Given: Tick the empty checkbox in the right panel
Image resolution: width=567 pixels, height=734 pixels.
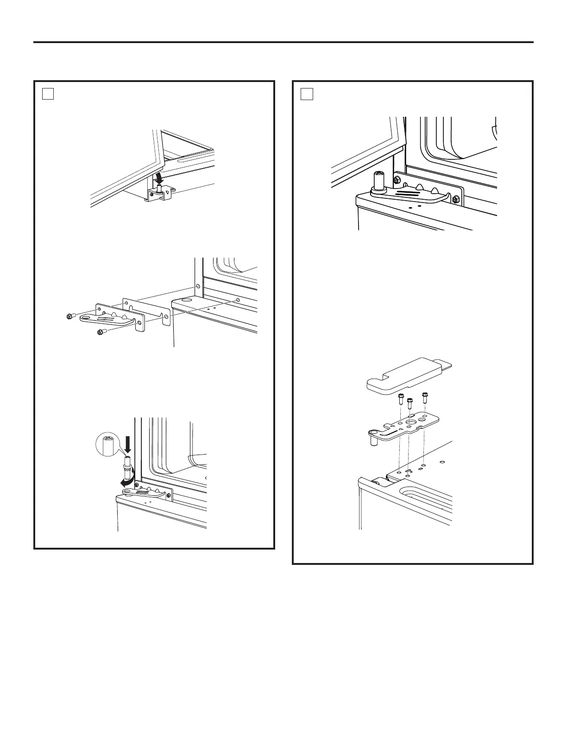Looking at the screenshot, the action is point(307,94).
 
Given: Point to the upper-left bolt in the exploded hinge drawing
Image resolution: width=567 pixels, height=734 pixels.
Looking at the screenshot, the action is point(71,316).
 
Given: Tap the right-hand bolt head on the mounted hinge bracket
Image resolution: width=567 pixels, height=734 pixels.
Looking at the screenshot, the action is point(455,199).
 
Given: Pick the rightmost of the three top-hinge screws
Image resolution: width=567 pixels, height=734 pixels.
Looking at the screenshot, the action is point(425,397).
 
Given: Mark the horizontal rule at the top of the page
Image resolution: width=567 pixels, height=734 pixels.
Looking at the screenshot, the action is point(283,42).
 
